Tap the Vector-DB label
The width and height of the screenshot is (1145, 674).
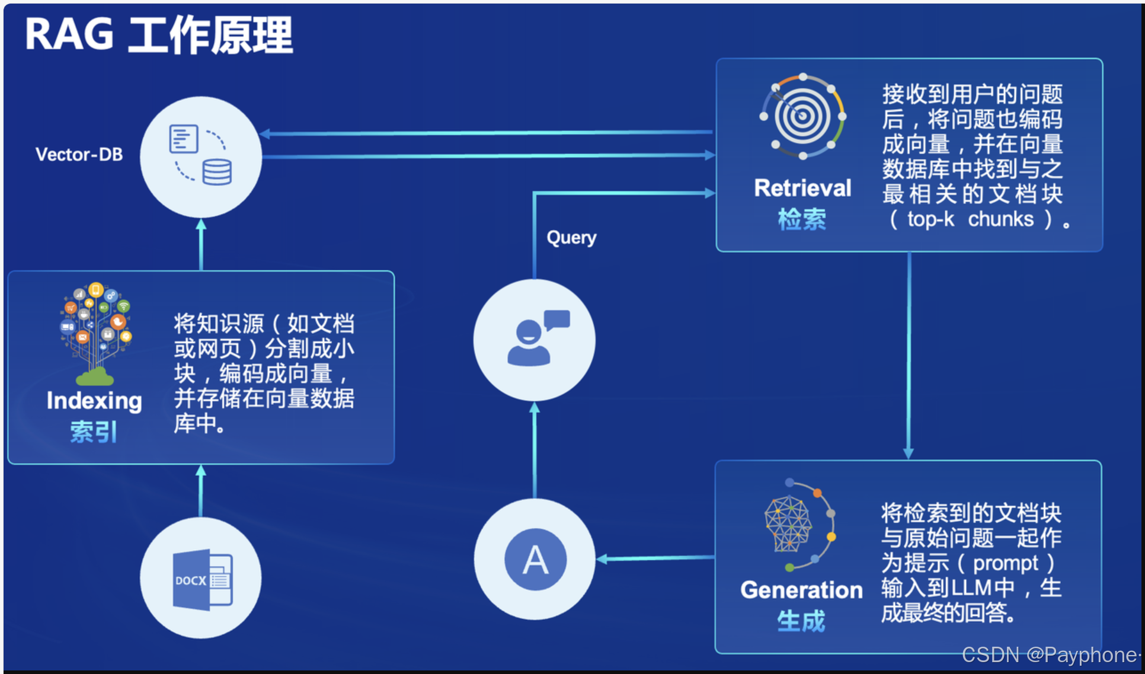tap(79, 155)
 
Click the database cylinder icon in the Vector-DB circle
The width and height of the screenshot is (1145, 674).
tap(217, 172)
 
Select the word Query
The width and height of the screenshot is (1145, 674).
tap(571, 237)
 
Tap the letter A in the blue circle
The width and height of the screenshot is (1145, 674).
tap(535, 560)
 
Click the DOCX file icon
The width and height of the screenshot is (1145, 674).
tap(202, 580)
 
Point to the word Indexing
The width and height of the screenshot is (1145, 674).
tap(94, 401)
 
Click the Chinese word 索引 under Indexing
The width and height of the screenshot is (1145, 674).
tap(94, 432)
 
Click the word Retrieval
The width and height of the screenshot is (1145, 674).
tap(802, 188)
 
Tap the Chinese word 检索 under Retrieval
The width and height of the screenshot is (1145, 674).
tap(802, 219)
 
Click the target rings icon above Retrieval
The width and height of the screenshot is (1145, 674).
tap(802, 116)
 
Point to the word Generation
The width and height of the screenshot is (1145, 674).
tap(801, 590)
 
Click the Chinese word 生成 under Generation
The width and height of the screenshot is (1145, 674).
tap(801, 621)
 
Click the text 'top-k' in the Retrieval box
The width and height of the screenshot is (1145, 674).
tap(930, 219)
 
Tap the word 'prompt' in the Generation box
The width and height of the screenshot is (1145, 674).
tap(1005, 563)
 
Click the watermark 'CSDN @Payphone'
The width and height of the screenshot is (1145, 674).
tap(1049, 654)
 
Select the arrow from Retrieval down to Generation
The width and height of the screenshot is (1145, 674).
tap(909, 356)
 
